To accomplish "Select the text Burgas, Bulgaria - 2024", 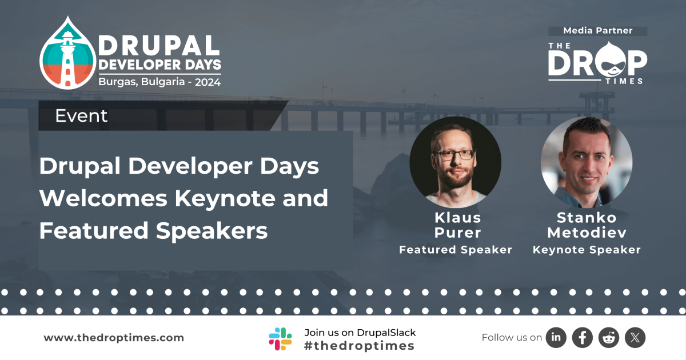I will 159,82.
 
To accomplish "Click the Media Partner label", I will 598,31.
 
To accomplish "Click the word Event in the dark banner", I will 81,116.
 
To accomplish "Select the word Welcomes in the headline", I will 103,198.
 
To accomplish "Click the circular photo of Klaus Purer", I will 455,162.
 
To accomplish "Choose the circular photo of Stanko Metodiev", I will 587,162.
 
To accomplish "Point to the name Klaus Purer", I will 457,225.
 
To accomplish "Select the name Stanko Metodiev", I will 587,225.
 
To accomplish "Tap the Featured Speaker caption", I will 456,250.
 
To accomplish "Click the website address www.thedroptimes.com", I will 114,338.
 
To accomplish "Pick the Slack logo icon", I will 281,338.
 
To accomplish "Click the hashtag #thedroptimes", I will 360,346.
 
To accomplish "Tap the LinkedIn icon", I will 556,338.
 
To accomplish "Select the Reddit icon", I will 609,338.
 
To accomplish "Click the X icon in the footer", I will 635,338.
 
